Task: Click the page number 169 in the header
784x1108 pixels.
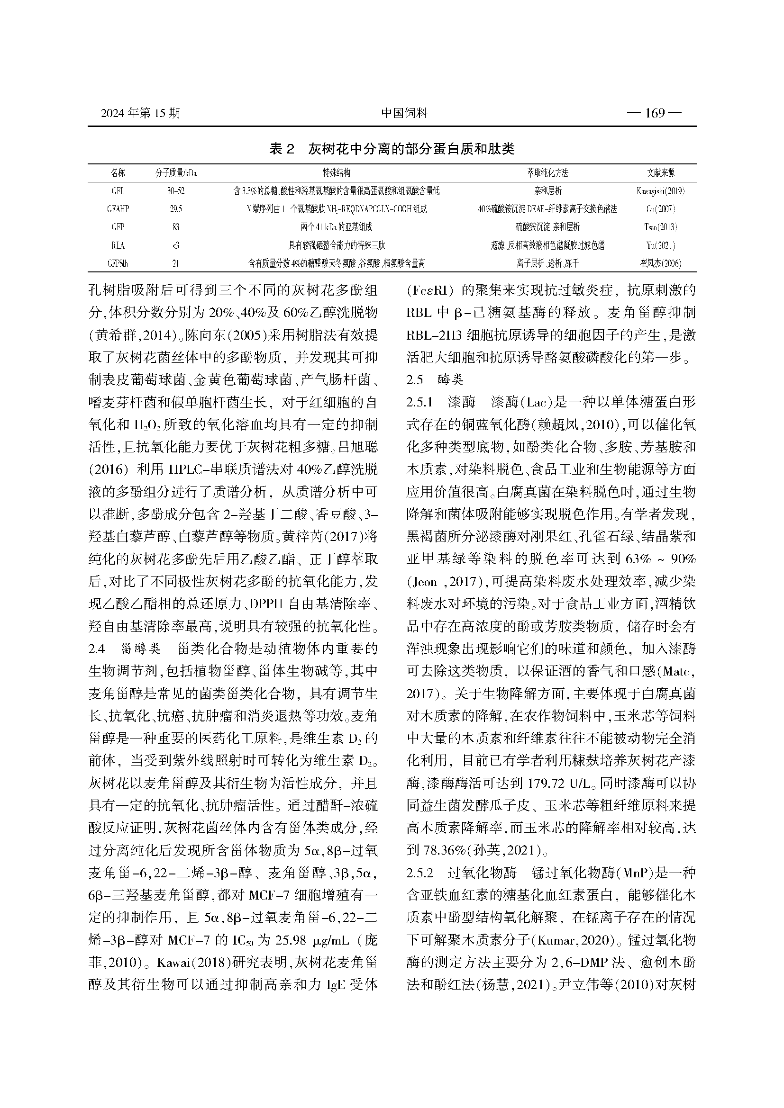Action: click(x=654, y=113)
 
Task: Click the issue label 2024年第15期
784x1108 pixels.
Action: click(x=140, y=113)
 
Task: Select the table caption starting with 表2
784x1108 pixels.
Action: click(x=392, y=149)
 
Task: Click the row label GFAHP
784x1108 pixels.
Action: click(x=118, y=209)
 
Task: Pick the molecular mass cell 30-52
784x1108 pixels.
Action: click(x=176, y=191)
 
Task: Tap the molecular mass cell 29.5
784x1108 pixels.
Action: click(x=176, y=209)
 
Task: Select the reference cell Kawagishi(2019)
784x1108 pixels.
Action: click(x=660, y=191)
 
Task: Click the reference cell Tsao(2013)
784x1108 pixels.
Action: click(x=660, y=227)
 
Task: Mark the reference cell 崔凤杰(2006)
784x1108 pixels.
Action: click(x=660, y=263)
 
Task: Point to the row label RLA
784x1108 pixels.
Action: click(x=118, y=246)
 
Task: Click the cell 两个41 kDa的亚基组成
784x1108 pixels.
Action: click(x=337, y=227)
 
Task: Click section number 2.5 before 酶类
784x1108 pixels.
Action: click(x=415, y=380)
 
